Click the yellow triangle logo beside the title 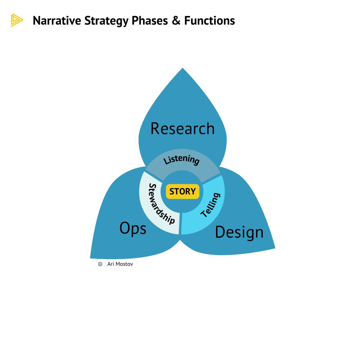tap(16, 20)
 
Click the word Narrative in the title tap(57, 21)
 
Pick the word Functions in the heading tap(209, 21)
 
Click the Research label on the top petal tap(182, 129)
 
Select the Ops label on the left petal tap(133, 228)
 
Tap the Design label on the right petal tap(239, 232)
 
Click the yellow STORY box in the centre tap(182, 191)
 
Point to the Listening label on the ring tap(181, 160)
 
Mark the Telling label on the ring tap(211, 205)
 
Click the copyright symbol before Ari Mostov tap(100, 264)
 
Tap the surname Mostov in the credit tap(124, 264)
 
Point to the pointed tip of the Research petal tap(183, 68)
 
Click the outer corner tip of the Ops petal tap(91, 257)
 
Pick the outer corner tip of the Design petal tap(274, 248)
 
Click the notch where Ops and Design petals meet tap(180, 240)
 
